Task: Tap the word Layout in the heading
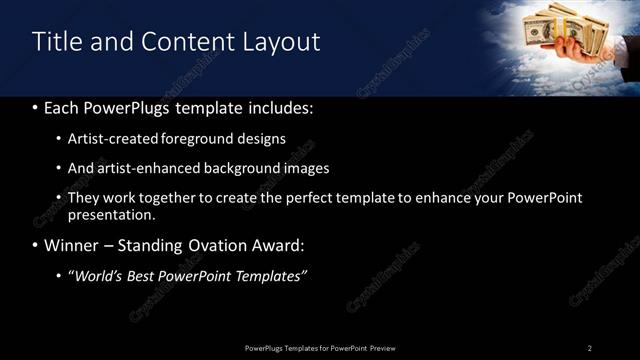pos(283,41)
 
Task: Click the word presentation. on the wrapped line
pos(112,214)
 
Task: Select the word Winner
pos(71,245)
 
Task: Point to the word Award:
pos(277,245)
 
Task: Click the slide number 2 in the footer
pos(590,348)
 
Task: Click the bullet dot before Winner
pos(36,246)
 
